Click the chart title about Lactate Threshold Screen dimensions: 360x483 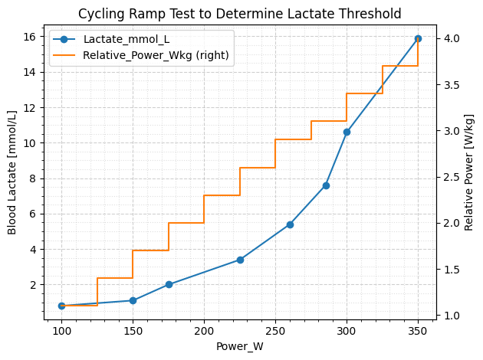click(x=239, y=13)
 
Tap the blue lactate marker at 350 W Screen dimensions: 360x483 click(x=418, y=38)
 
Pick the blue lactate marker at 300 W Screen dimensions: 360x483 click(x=347, y=132)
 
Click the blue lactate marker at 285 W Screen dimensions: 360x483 click(x=326, y=185)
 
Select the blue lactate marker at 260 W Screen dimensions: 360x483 click(x=290, y=224)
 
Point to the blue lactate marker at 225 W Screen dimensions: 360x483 click(x=240, y=260)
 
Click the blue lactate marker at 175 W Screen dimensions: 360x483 click(x=169, y=284)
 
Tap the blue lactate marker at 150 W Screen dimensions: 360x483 click(x=133, y=300)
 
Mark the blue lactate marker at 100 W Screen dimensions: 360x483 click(x=61, y=306)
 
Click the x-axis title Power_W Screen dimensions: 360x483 click(x=239, y=346)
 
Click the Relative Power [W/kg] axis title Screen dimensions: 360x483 click(x=468, y=172)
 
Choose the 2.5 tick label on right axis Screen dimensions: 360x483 click(x=452, y=177)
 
